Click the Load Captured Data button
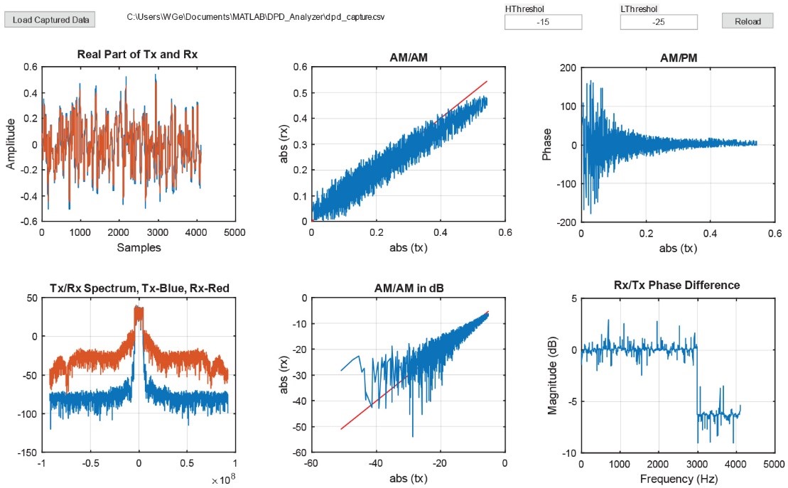click(x=49, y=20)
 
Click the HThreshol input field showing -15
click(x=543, y=22)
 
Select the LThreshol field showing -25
click(x=658, y=22)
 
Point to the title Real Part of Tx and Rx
click(x=138, y=56)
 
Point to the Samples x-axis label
click(x=139, y=248)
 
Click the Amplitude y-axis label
click(x=11, y=143)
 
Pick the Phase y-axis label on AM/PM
click(x=547, y=144)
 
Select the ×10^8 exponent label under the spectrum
click(x=222, y=480)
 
